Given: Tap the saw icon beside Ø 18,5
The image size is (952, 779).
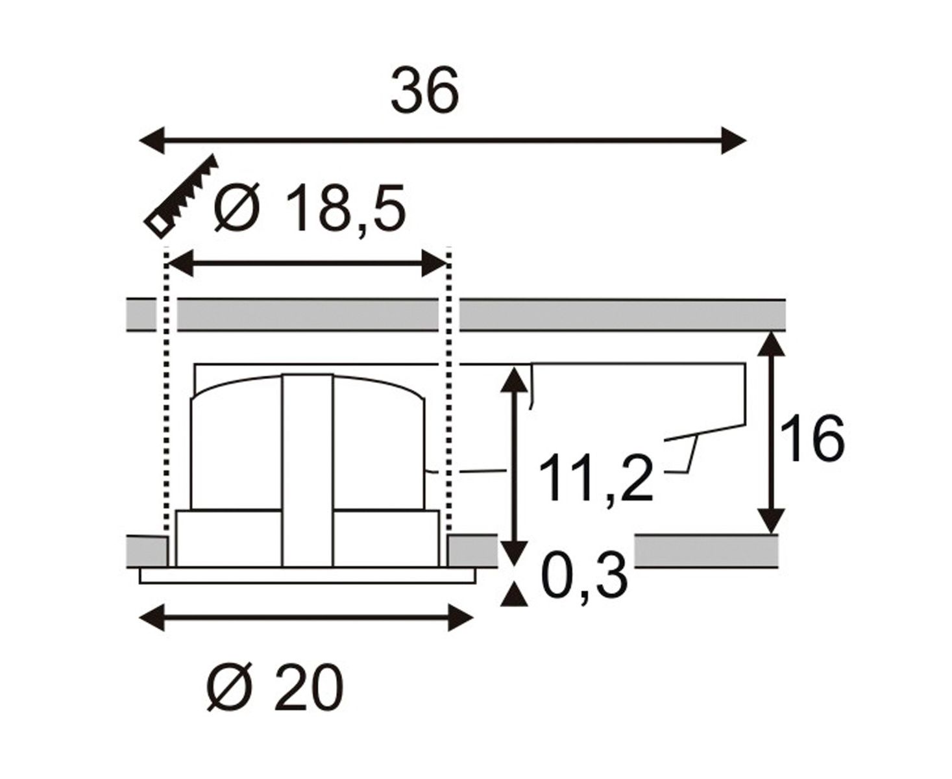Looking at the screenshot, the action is (181, 195).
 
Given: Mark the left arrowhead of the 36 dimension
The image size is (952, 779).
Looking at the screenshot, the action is (152, 140).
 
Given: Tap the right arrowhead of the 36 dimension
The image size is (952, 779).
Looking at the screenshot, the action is (733, 140).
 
